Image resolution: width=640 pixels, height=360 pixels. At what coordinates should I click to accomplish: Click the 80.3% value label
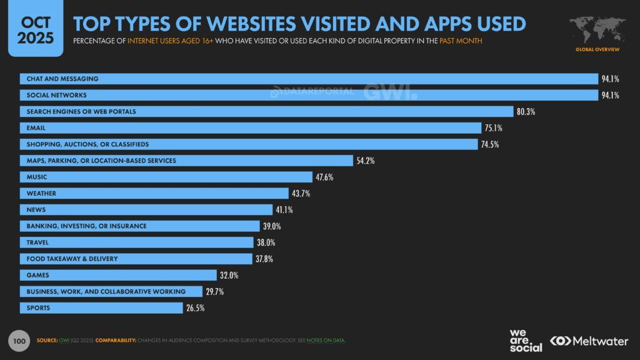coord(526,112)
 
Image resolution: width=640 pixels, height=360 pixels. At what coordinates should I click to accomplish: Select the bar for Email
coord(250,128)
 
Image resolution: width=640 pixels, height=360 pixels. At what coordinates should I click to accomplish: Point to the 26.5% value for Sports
coord(194,307)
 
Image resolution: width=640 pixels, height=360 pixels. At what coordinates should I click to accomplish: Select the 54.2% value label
coord(364,161)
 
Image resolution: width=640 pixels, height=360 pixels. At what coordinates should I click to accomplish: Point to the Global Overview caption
coord(597,49)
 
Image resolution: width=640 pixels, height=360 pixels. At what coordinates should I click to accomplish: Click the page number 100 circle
coord(19,341)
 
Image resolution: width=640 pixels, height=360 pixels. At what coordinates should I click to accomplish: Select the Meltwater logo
coord(588,341)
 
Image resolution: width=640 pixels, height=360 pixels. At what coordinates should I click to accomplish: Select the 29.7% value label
coord(216,291)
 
